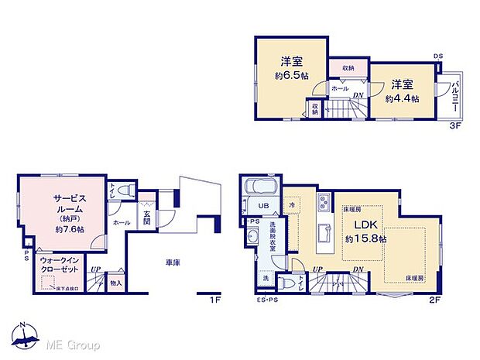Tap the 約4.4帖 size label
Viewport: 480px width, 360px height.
tap(403, 99)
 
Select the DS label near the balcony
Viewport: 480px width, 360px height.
tap(438, 56)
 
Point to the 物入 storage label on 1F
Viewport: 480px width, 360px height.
tap(115, 284)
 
